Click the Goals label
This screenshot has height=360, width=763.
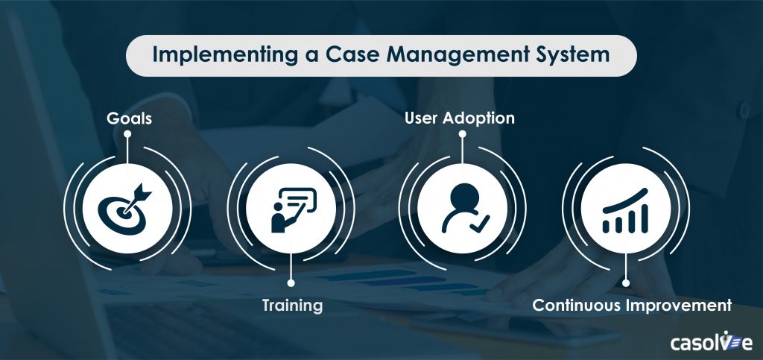127,118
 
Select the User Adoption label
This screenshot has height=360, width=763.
460,118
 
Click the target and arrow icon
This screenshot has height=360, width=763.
128,207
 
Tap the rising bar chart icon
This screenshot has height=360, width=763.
627,207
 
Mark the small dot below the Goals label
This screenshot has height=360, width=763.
127,135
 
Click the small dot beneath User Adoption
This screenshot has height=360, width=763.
462,135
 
